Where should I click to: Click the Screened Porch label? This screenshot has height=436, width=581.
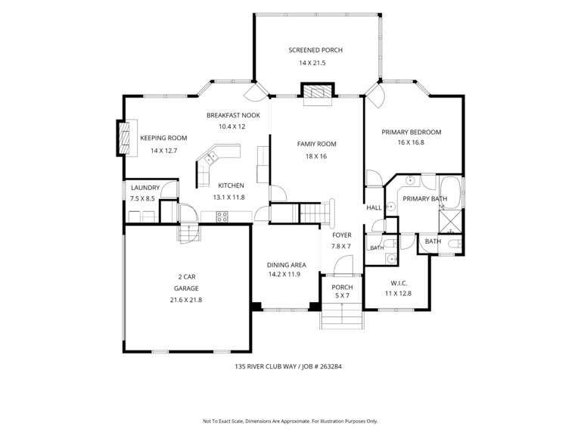[315, 50]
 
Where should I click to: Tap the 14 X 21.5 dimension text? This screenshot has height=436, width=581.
[312, 63]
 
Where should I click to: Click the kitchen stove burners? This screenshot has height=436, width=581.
[222, 217]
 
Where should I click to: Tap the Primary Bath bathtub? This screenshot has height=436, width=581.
[450, 193]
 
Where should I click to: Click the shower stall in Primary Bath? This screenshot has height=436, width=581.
[451, 222]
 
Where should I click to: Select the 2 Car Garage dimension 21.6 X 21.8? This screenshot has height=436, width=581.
[186, 300]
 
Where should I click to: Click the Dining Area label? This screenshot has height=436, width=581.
[287, 265]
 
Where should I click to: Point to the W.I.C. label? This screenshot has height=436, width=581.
[399, 283]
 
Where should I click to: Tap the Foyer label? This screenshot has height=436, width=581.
[342, 235]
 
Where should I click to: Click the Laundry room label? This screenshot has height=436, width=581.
[145, 188]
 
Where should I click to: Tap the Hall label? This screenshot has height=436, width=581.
[374, 207]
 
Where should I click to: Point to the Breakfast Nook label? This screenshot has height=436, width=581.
[234, 115]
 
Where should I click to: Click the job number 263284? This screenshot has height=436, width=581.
[330, 366]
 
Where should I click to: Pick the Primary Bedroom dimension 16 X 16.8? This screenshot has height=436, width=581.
[412, 142]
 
